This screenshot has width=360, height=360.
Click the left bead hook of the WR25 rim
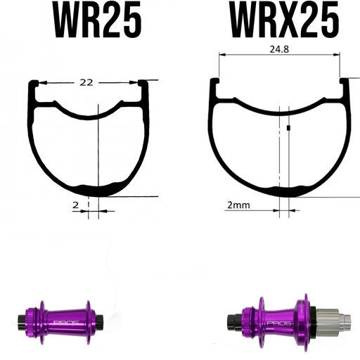33,88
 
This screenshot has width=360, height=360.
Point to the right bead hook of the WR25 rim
146,88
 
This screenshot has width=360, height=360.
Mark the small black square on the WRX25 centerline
289,128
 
